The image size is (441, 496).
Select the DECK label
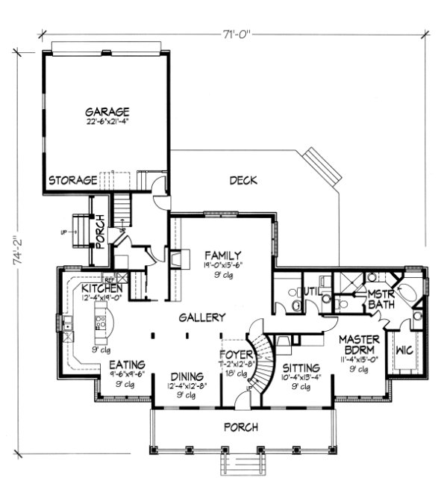243,180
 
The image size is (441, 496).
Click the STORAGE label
73,181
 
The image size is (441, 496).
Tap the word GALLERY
201,317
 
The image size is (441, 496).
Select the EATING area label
128,365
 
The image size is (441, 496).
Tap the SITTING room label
301,368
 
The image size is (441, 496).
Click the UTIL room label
310,291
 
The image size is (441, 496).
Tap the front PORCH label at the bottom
240,427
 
